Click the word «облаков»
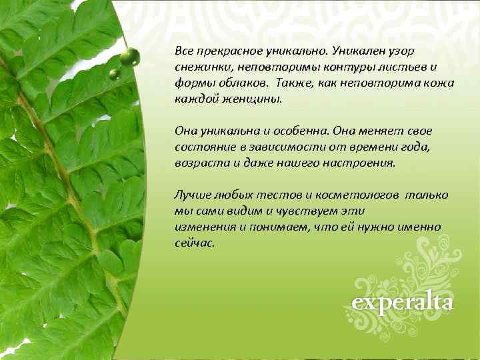237,83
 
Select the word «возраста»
197,163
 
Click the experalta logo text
403,303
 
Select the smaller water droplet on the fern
115,74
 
